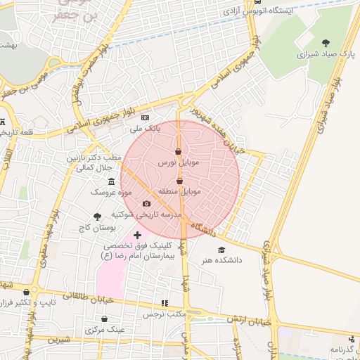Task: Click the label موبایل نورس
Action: click(179, 162)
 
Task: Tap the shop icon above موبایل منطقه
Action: click(179, 181)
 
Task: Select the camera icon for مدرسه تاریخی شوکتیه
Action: click(146, 204)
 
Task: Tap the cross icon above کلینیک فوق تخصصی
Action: click(136, 234)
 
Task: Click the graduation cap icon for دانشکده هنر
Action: click(222, 250)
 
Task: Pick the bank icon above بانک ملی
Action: click(146, 117)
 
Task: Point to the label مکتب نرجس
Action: click(165, 314)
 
